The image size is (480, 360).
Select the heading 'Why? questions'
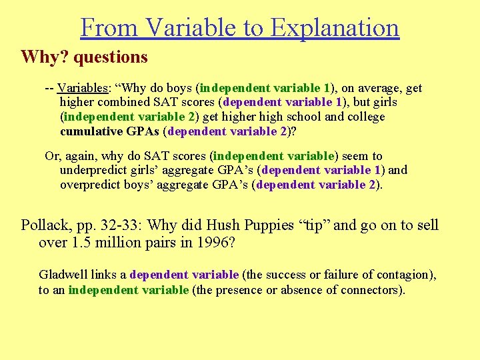[x=84, y=57]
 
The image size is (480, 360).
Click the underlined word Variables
[x=79, y=88]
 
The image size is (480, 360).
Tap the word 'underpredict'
[x=93, y=170]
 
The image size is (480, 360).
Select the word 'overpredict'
[x=91, y=185]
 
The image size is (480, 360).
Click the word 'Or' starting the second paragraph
[x=52, y=156]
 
